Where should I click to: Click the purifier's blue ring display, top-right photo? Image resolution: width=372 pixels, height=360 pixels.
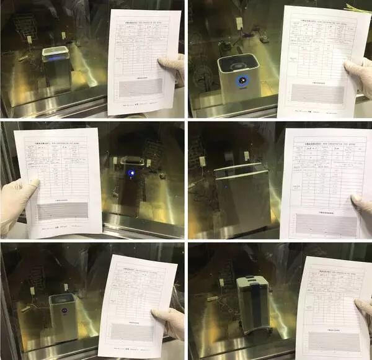click(241, 79)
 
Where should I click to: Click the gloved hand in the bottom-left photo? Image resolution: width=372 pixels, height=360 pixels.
click(168, 323)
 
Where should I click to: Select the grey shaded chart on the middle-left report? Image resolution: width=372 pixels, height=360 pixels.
click(64, 211)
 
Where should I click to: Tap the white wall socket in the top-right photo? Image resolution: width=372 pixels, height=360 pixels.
click(239, 24)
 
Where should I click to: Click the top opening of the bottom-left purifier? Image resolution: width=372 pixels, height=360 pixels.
click(63, 300)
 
